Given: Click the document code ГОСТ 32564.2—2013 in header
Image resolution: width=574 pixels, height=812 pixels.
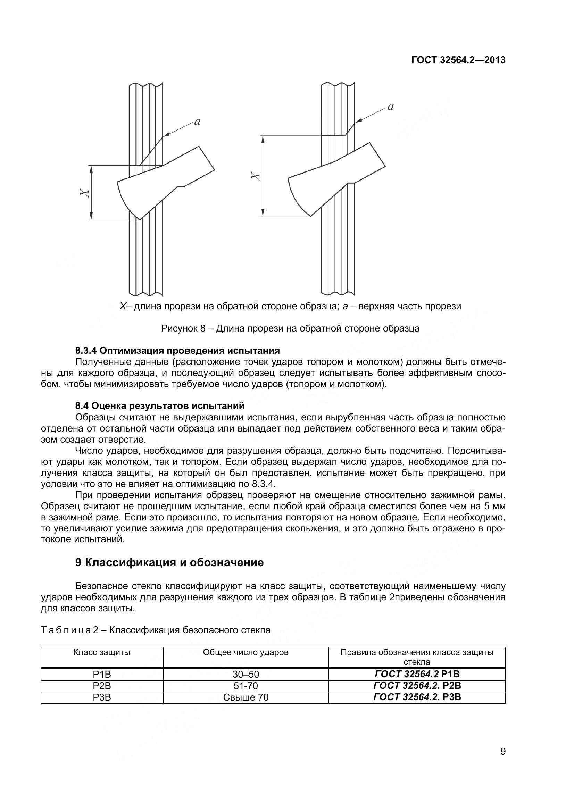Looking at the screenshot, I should tap(458, 60).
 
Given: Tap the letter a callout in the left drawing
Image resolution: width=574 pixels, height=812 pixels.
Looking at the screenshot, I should tap(197, 122).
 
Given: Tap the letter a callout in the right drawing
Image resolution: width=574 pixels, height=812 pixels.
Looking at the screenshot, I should tap(390, 107).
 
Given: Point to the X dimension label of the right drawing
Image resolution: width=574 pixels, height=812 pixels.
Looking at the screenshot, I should tap(256, 176).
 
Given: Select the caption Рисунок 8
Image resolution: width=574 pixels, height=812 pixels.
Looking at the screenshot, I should tap(290, 328).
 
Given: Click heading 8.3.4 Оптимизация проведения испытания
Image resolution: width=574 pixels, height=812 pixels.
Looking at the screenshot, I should tap(177, 351).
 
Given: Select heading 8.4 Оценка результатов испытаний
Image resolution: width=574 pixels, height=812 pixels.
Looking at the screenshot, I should tap(159, 405).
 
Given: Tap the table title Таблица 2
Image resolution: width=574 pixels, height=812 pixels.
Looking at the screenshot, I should tap(156, 630).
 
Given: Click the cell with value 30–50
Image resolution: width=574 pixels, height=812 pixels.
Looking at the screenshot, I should tap(246, 674).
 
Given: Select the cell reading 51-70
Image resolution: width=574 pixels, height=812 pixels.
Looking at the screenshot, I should tap(246, 686).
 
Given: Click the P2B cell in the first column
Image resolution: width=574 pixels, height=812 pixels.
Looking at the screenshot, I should tap(102, 686).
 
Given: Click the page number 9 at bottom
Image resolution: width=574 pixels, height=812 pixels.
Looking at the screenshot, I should tap(502, 761).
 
